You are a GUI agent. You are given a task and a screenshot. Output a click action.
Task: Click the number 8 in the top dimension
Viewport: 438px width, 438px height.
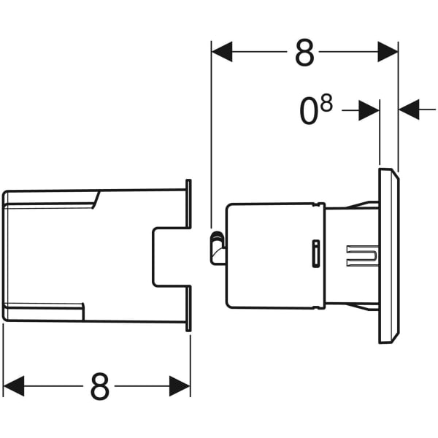(304, 53)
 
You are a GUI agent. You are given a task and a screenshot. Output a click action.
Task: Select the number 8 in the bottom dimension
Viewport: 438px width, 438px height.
(100, 387)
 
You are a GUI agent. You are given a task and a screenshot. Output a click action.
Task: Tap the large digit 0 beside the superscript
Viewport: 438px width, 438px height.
(310, 112)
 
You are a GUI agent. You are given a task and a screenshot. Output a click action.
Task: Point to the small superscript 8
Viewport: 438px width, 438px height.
(326, 104)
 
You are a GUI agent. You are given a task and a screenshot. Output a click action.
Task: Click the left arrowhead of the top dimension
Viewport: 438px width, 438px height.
(221, 52)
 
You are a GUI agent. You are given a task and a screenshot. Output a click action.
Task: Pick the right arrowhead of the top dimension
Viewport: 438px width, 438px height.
(388, 52)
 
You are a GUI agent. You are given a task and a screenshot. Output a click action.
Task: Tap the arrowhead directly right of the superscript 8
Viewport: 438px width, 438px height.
(370, 110)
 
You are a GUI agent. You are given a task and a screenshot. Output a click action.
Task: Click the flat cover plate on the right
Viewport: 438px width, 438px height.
(388, 255)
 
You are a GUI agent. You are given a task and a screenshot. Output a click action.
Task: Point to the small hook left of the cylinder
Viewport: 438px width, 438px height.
(217, 245)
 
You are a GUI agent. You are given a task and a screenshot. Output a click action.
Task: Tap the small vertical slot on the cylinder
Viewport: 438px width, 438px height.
(315, 253)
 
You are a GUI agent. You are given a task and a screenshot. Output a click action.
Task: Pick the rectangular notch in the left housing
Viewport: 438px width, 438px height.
(169, 255)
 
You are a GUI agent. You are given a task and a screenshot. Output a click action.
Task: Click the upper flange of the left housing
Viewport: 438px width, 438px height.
(189, 204)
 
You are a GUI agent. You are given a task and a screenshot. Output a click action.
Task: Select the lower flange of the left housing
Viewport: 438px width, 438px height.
(189, 307)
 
